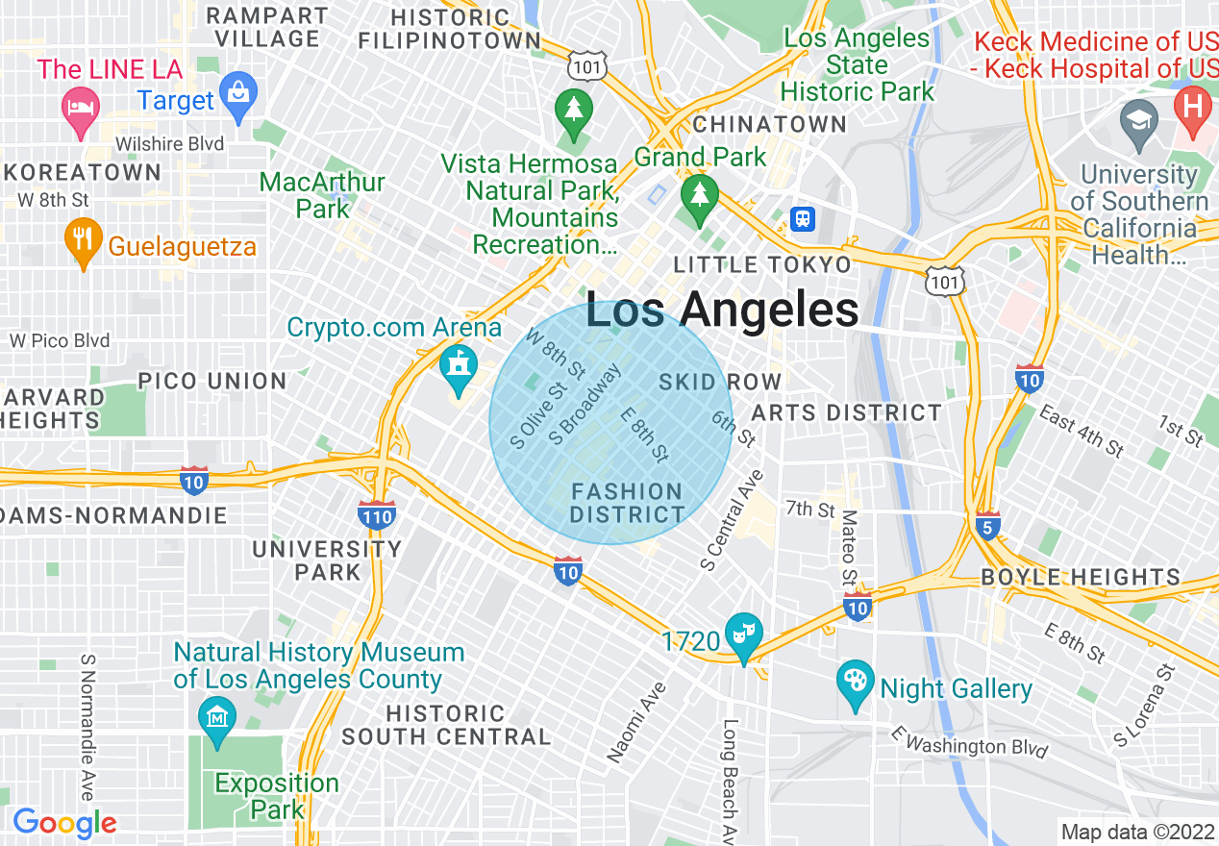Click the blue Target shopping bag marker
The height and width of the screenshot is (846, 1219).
tap(238, 95)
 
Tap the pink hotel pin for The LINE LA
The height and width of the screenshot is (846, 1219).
tap(79, 107)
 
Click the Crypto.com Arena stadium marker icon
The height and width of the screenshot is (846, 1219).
tap(459, 367)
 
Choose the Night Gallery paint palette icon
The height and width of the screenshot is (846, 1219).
tap(855, 682)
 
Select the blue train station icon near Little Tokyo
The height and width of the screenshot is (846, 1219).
tap(802, 218)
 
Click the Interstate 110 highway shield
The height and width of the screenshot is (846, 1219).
tap(376, 515)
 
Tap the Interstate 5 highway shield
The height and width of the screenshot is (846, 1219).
tap(988, 525)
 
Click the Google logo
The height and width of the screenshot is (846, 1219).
tap(64, 823)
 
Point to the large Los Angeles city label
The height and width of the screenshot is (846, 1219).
tap(722, 311)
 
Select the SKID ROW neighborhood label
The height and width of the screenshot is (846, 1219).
tap(720, 382)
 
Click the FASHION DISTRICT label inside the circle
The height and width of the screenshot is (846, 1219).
tap(627, 503)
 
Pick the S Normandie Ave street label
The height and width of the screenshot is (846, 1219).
tap(87, 727)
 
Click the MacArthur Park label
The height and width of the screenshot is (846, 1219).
tap(323, 194)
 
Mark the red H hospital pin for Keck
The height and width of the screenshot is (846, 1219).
tap(1194, 108)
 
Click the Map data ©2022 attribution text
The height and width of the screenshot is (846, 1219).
tap(1136, 832)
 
